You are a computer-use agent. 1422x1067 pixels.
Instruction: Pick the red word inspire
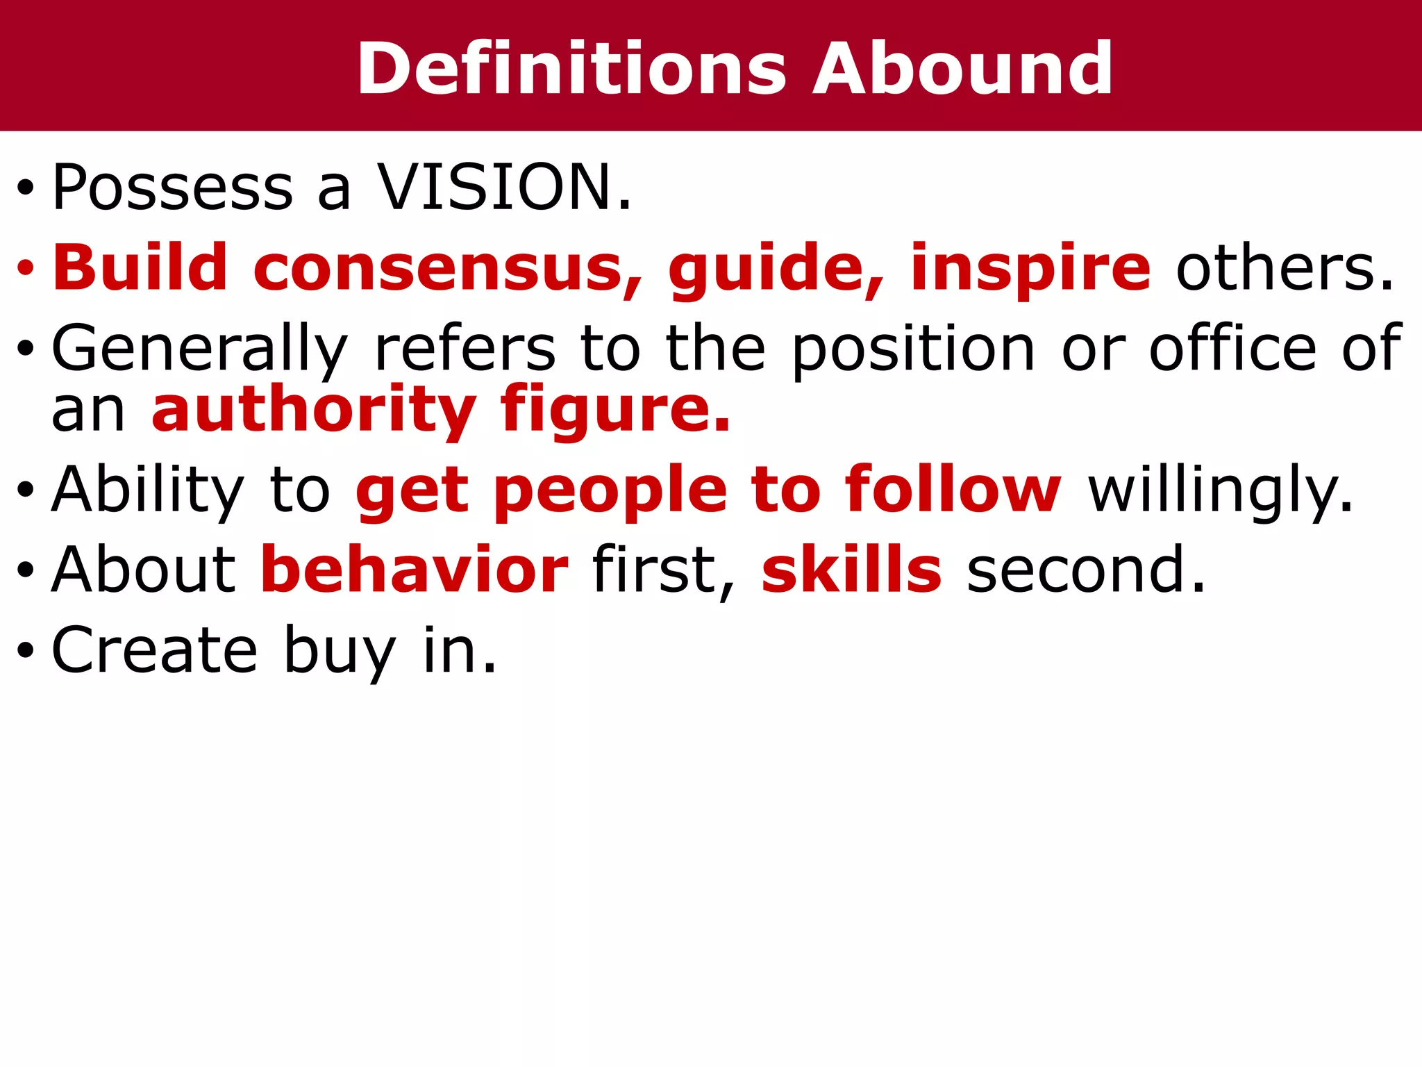coord(1031,270)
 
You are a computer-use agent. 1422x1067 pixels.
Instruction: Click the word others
coord(1285,268)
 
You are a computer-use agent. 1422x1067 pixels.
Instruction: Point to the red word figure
coord(614,411)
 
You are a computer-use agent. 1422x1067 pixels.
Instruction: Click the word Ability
coord(148,491)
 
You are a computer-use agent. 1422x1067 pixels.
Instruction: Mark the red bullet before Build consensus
coord(26,268)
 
